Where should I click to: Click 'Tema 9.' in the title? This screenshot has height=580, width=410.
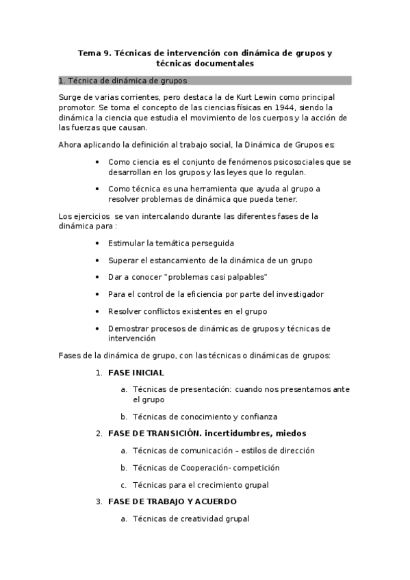point(94,52)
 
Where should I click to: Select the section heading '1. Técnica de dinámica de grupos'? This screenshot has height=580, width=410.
point(118,81)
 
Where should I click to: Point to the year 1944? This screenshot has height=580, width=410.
point(270,107)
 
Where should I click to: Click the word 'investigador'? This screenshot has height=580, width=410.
point(299,294)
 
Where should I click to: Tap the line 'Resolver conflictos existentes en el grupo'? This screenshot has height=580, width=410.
point(187,311)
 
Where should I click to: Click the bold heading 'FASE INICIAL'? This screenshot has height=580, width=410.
point(136,373)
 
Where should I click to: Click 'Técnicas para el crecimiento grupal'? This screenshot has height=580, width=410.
point(201,485)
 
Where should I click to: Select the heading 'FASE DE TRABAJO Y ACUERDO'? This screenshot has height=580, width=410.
point(172,501)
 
